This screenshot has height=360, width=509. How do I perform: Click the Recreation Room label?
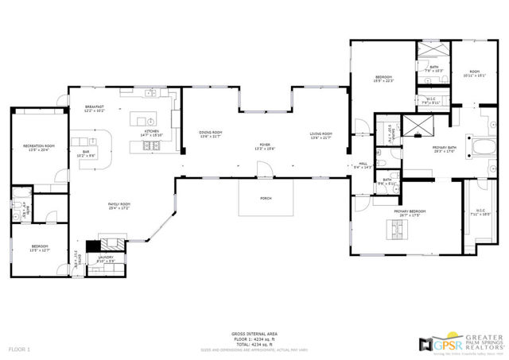(38, 148)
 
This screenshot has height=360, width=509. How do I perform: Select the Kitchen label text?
(151, 133)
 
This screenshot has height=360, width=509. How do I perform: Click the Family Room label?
(119, 207)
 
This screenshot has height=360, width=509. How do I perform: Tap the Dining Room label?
(211, 134)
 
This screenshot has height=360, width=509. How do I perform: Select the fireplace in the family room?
(111, 244)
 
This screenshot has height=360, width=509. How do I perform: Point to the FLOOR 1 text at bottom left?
(19, 350)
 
